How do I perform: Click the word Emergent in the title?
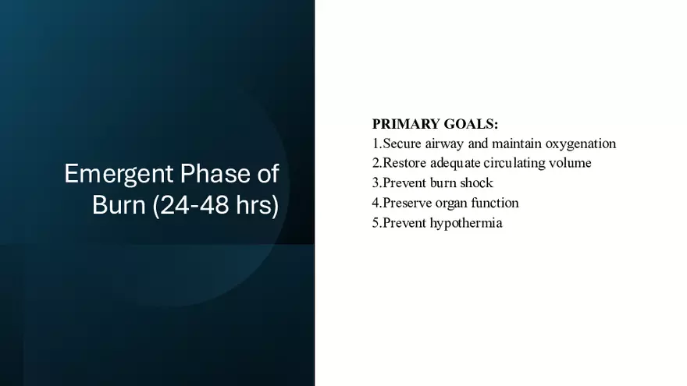[119, 175]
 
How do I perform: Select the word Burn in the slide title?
[119, 204]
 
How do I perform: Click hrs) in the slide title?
[257, 205]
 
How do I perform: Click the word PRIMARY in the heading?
[406, 124]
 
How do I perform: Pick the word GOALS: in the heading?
[471, 124]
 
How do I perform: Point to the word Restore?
[404, 163]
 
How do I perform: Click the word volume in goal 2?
[570, 163]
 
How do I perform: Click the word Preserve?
[407, 203]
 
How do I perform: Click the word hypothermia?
[466, 224]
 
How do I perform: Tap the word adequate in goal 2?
[455, 164]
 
